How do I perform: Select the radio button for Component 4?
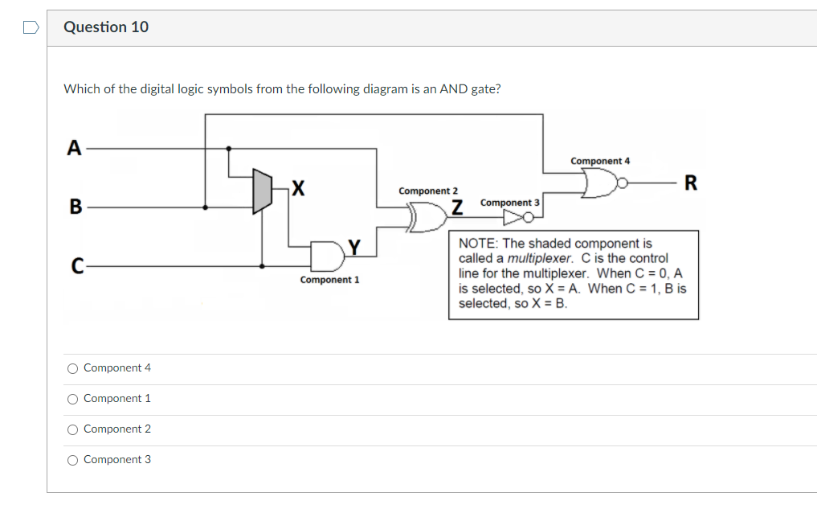coord(73,369)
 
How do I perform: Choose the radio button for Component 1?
coord(73,399)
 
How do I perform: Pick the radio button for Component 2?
coord(73,429)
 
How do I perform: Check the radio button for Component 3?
coord(73,460)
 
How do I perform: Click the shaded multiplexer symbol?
coord(262,191)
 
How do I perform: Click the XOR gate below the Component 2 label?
coord(428,217)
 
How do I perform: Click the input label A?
coord(74,148)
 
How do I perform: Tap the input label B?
coord(76,207)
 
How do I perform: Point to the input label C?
coord(77,266)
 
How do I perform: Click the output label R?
coord(690,183)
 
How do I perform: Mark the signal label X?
coord(298,187)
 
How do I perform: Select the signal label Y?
coord(354,247)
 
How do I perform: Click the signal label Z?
coord(457,207)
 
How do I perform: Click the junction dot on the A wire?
coord(229,149)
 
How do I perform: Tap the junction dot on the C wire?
coord(262,266)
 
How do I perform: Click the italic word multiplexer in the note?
coord(540,258)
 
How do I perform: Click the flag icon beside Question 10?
coord(31,27)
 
